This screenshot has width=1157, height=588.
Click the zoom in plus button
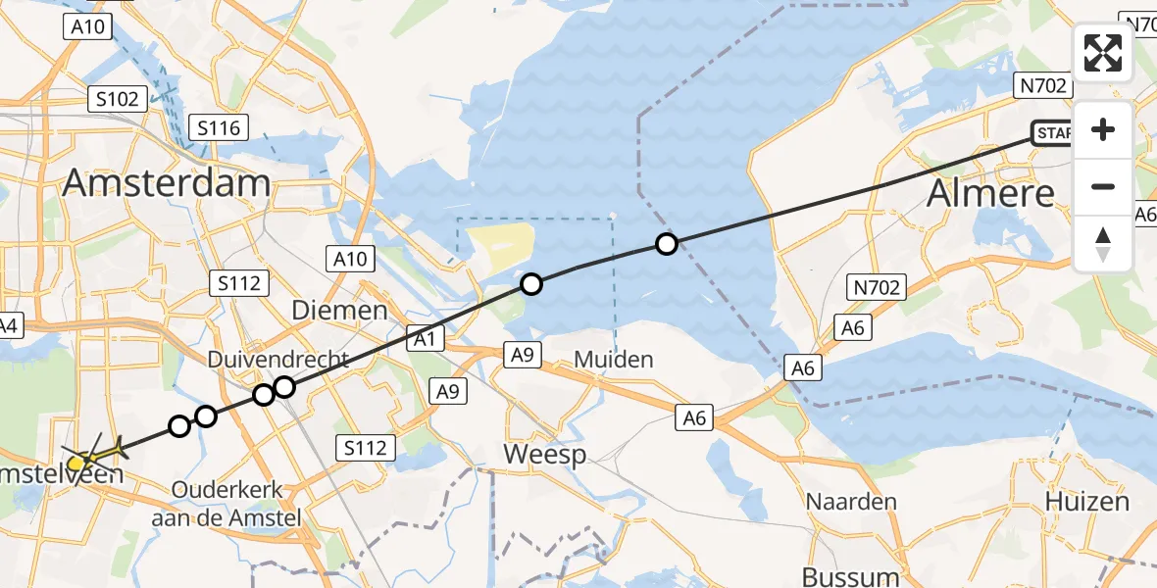click(x=1103, y=130)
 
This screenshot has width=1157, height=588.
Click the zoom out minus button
click(x=1103, y=186)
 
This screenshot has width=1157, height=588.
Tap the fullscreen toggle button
click(x=1103, y=53)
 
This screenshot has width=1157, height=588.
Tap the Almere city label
click(x=991, y=193)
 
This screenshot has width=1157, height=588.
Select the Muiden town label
click(x=613, y=360)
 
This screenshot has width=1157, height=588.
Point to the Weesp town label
click(x=544, y=455)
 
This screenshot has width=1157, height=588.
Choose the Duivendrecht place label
click(x=277, y=361)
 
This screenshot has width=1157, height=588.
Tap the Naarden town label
click(x=851, y=502)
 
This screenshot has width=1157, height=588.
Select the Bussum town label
click(x=850, y=575)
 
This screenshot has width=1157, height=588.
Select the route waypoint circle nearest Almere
click(x=667, y=244)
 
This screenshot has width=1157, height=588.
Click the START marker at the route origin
click(x=1051, y=132)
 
